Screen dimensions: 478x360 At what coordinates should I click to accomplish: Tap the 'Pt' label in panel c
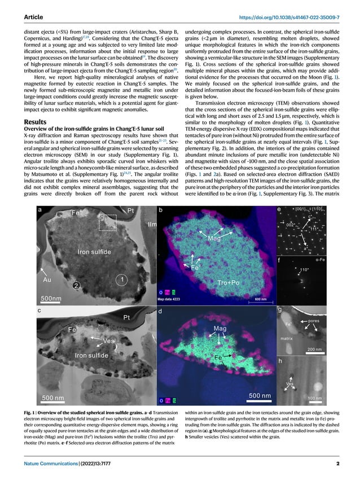pos(127,318)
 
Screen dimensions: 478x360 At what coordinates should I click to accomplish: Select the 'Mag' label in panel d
pos(219,327)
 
